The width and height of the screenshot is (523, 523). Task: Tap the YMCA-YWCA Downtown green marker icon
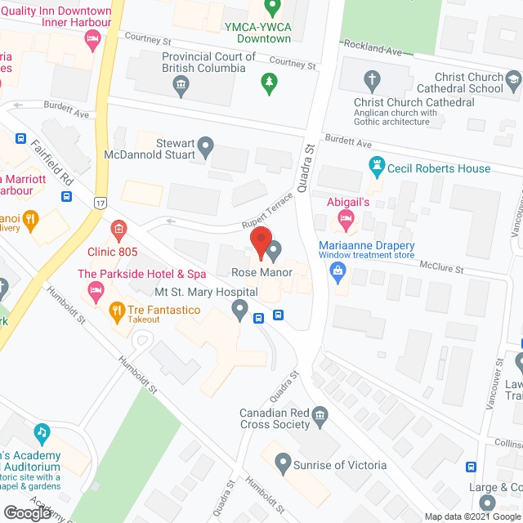coord(275,9)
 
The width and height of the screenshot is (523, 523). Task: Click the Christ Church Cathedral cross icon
coord(372,81)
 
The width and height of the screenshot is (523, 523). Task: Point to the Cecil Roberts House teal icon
coord(377,168)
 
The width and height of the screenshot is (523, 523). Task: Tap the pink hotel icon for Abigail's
coord(345,217)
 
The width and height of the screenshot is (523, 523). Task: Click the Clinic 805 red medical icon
coord(119,229)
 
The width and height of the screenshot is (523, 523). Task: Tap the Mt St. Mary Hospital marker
coord(239,308)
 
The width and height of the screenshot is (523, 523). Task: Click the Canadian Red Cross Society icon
coord(320,418)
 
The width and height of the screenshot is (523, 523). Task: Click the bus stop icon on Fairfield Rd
coord(66,196)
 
